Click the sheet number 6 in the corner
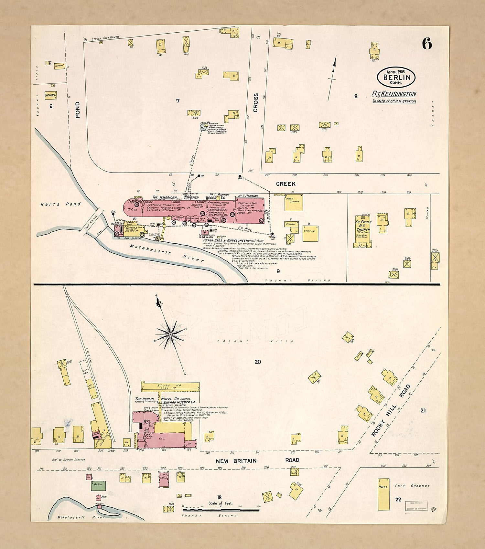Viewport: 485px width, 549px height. (x=427, y=44)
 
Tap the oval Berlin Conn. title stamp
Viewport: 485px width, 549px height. (x=396, y=78)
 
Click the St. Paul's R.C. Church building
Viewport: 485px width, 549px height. (x=363, y=231)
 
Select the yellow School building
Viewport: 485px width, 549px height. (x=51, y=95)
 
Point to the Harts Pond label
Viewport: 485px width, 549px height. (x=61, y=204)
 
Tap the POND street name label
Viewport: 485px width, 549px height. (x=78, y=110)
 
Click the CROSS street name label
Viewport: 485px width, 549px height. (x=256, y=103)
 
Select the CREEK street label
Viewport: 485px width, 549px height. (x=286, y=184)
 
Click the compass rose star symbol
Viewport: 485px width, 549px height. (x=170, y=334)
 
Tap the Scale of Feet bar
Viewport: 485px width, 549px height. (x=221, y=510)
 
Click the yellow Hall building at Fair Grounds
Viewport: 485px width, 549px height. (x=383, y=494)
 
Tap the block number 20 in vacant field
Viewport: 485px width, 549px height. (x=258, y=362)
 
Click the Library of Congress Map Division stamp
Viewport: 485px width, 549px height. (x=417, y=506)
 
